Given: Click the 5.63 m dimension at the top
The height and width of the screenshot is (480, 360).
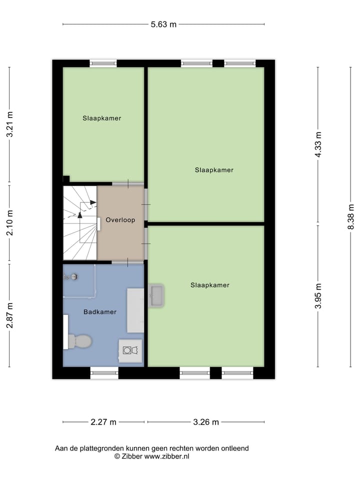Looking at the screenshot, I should tap(163, 23).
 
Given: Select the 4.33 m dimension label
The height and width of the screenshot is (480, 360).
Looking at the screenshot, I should tap(318, 144).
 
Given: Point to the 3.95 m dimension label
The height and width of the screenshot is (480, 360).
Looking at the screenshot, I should tap(318, 296).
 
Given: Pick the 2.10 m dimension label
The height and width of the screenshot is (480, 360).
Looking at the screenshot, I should tap(9, 222).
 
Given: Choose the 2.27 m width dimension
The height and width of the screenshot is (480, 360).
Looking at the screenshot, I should tap(103, 422).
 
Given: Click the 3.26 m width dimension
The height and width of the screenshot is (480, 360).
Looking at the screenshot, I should tap(206, 422).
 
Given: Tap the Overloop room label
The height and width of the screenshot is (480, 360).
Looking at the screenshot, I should tap(120, 220).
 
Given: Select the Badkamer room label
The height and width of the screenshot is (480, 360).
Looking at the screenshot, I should tap(100, 311).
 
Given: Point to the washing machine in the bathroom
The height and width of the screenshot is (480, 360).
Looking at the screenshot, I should tap(130, 350).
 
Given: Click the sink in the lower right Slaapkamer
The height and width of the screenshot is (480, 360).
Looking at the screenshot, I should tap(156, 295).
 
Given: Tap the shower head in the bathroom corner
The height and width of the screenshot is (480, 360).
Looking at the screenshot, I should tap(74, 276).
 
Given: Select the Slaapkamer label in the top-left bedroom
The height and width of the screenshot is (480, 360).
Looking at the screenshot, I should tap(102, 118).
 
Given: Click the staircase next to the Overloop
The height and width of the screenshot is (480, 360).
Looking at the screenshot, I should tap(79, 222).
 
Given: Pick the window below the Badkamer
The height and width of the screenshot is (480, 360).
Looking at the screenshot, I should tap(104, 372).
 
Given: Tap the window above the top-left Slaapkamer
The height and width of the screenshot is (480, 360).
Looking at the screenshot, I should tap(103, 63).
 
